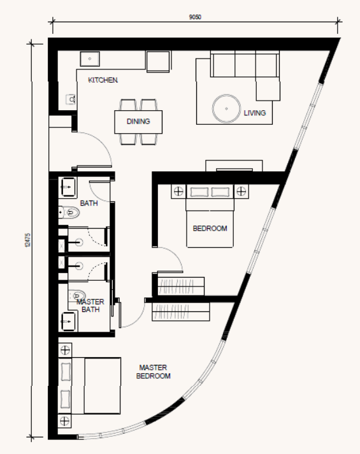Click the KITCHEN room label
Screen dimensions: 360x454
coord(103,80)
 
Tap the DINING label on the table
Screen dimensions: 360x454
coord(138,122)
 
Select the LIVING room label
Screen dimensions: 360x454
coord(255,113)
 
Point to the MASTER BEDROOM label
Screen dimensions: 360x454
coord(153,372)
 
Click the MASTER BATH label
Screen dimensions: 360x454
coord(90,306)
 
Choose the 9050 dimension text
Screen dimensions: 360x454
coord(195,17)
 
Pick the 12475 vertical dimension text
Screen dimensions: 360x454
coord(28,240)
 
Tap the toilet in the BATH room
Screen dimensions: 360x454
coord(69,213)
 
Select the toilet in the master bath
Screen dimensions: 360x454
coord(76,296)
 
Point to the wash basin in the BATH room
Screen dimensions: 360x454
coord(68,187)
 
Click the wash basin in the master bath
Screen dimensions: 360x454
coord(68,322)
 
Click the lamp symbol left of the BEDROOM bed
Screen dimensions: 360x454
coord(178,191)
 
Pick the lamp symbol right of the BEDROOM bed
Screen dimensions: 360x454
coord(241,191)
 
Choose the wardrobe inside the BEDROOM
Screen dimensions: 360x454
coord(181,287)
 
